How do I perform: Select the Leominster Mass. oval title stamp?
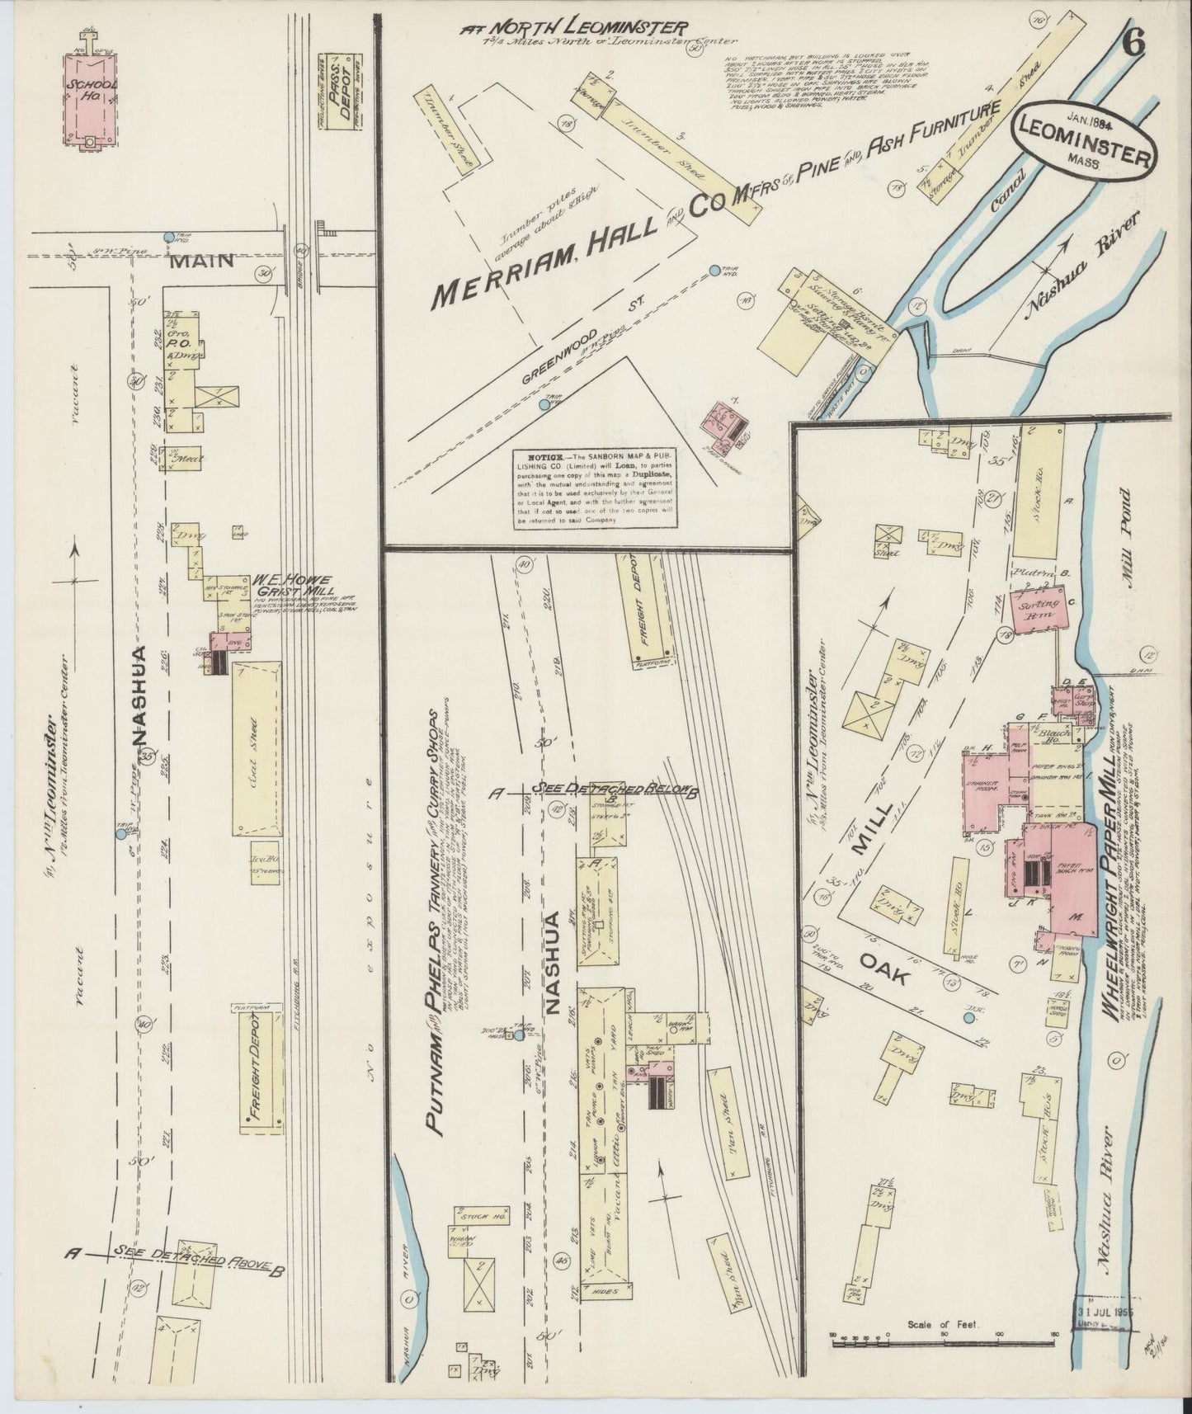1085,143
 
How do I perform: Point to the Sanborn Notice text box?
595,489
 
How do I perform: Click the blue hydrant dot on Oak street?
968,1018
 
